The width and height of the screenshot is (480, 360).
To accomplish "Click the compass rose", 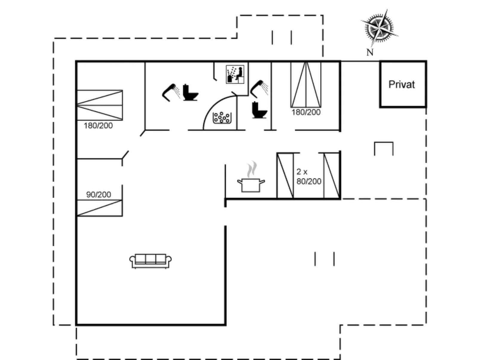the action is tap(379, 28).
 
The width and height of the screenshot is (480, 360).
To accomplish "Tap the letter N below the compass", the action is tap(370, 53).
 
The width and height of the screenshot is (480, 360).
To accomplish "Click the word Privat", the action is tap(401, 84).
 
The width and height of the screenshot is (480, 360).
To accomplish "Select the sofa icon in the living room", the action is tap(150, 261).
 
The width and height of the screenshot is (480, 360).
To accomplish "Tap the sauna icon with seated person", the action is tap(235, 74).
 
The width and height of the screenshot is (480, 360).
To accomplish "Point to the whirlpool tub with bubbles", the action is tap(222, 118).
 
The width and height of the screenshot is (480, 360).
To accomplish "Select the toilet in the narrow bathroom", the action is tap(259, 110).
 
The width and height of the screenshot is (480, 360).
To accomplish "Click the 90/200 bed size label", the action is tap(99, 194).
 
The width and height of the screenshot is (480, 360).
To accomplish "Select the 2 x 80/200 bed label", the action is tap(309, 176).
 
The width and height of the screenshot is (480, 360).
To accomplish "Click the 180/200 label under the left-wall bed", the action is tap(98, 125).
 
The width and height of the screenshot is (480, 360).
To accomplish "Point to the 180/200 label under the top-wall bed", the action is tap(306, 112).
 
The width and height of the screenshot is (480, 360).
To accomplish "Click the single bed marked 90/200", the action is tap(100, 208).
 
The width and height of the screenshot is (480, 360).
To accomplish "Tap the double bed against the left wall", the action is tap(100, 105).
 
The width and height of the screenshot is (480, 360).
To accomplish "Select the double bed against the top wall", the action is tap(306, 85).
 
